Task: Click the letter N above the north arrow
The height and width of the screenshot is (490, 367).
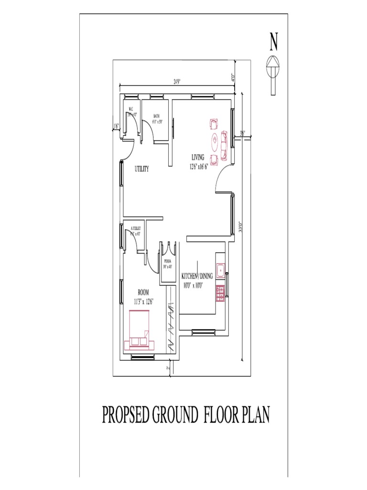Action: pos(273,42)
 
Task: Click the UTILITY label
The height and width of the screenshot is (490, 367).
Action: pos(141,169)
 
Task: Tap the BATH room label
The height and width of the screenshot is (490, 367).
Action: pos(156,116)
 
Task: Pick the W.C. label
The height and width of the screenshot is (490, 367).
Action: pos(130,110)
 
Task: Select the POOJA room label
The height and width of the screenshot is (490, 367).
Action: pos(167,261)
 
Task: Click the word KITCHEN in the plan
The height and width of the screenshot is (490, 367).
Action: pos(190,276)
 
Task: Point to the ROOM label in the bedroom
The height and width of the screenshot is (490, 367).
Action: pos(143,292)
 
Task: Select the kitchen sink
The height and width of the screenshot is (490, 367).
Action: pos(220,271)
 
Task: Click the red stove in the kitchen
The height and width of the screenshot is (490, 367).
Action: pos(220,293)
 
